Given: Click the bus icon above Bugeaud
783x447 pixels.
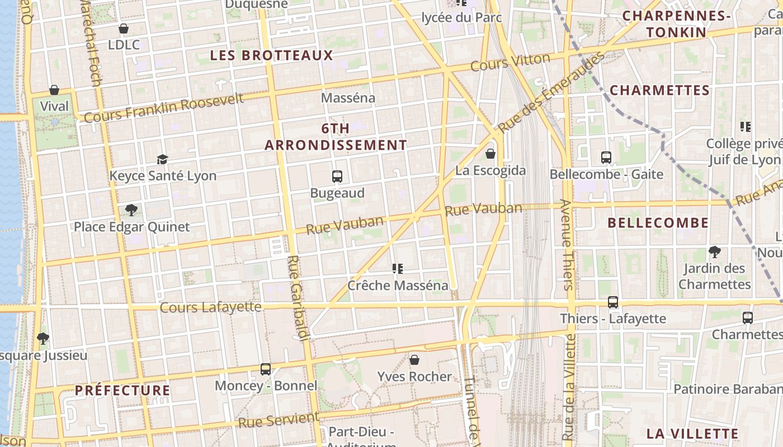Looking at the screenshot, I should point(337,177).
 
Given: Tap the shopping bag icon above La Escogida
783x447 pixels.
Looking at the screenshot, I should point(490,153).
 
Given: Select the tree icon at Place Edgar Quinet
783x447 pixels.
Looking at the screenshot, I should point(131,210).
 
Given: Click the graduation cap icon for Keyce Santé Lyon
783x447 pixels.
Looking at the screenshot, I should point(162,159).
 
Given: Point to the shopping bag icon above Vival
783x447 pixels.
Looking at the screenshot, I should point(54,89).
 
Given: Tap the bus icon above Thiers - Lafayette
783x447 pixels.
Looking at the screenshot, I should point(613,302).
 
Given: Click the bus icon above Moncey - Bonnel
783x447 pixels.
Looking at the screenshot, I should point(266,369).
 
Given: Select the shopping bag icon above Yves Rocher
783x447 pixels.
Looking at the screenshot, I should point(414,359).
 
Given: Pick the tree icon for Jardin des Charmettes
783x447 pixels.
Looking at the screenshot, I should point(714,251).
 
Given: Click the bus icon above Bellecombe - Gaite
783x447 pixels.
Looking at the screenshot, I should point(606,158).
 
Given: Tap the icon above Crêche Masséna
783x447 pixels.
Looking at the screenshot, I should point(398,269).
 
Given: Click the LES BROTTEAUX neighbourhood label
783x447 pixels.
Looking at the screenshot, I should point(271,55).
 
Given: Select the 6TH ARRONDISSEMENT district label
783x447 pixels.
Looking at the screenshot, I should point(336,137).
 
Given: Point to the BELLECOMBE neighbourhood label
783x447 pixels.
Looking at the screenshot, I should point(658,223).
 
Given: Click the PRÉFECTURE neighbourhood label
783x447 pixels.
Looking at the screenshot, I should point(122,390).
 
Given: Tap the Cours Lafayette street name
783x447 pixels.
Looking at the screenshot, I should point(210,307).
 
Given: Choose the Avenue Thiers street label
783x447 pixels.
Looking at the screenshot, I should point(567,244).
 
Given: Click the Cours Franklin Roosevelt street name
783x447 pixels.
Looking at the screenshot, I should point(164,107).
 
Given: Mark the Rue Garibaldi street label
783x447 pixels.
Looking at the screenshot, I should point(298,298).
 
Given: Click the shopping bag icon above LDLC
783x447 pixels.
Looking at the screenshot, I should point(124,28).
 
